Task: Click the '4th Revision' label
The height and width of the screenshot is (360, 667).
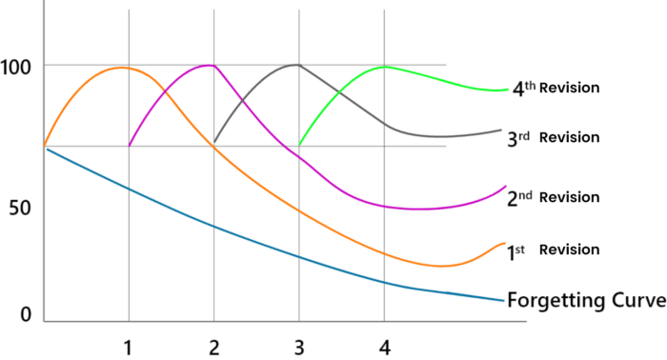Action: pos(555,89)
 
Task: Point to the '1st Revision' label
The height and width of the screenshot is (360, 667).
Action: pos(553,250)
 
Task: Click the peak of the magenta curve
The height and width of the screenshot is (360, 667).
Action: pos(210,65)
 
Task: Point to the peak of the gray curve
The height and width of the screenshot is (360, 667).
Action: pos(297,65)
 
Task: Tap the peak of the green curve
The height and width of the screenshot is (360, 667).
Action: pos(384,67)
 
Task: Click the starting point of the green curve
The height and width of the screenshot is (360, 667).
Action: pos(299,145)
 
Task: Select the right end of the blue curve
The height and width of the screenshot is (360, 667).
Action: pos(502,301)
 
